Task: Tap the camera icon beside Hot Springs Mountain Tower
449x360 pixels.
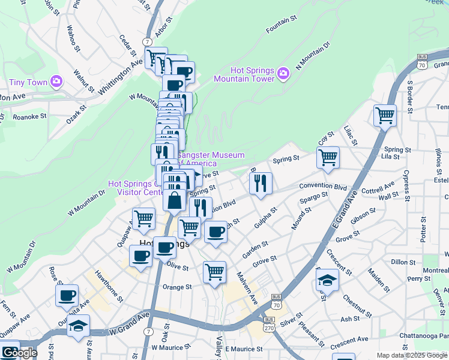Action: pos(283,74)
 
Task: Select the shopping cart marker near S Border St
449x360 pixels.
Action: pos(385,115)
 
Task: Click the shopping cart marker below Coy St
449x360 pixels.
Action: pos(328,158)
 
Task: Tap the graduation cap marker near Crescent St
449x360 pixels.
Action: pos(327,280)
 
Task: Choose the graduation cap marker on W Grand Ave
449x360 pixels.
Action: pos(78,326)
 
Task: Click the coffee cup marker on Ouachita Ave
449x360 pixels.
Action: pos(67,296)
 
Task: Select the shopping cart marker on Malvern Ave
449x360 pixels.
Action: pos(214,272)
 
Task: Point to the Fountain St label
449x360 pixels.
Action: pos(282,20)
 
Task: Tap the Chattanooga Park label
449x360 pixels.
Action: pos(427,335)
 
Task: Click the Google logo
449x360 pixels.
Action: pos(19,353)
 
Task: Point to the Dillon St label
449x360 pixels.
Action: pos(403,262)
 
